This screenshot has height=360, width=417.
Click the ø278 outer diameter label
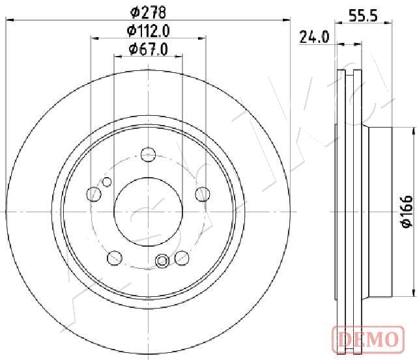(148, 12)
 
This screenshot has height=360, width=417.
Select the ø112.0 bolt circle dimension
(148, 31)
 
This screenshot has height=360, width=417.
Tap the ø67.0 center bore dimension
(148, 49)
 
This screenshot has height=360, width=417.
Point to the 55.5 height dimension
(363, 16)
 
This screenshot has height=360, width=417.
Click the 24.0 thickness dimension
(314, 37)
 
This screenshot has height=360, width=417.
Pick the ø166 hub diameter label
(407, 212)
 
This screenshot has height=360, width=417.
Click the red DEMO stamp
(368, 339)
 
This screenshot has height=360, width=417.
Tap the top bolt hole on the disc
(148, 155)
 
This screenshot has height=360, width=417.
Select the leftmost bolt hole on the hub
(94, 194)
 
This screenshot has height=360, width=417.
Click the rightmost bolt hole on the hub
(203, 194)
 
